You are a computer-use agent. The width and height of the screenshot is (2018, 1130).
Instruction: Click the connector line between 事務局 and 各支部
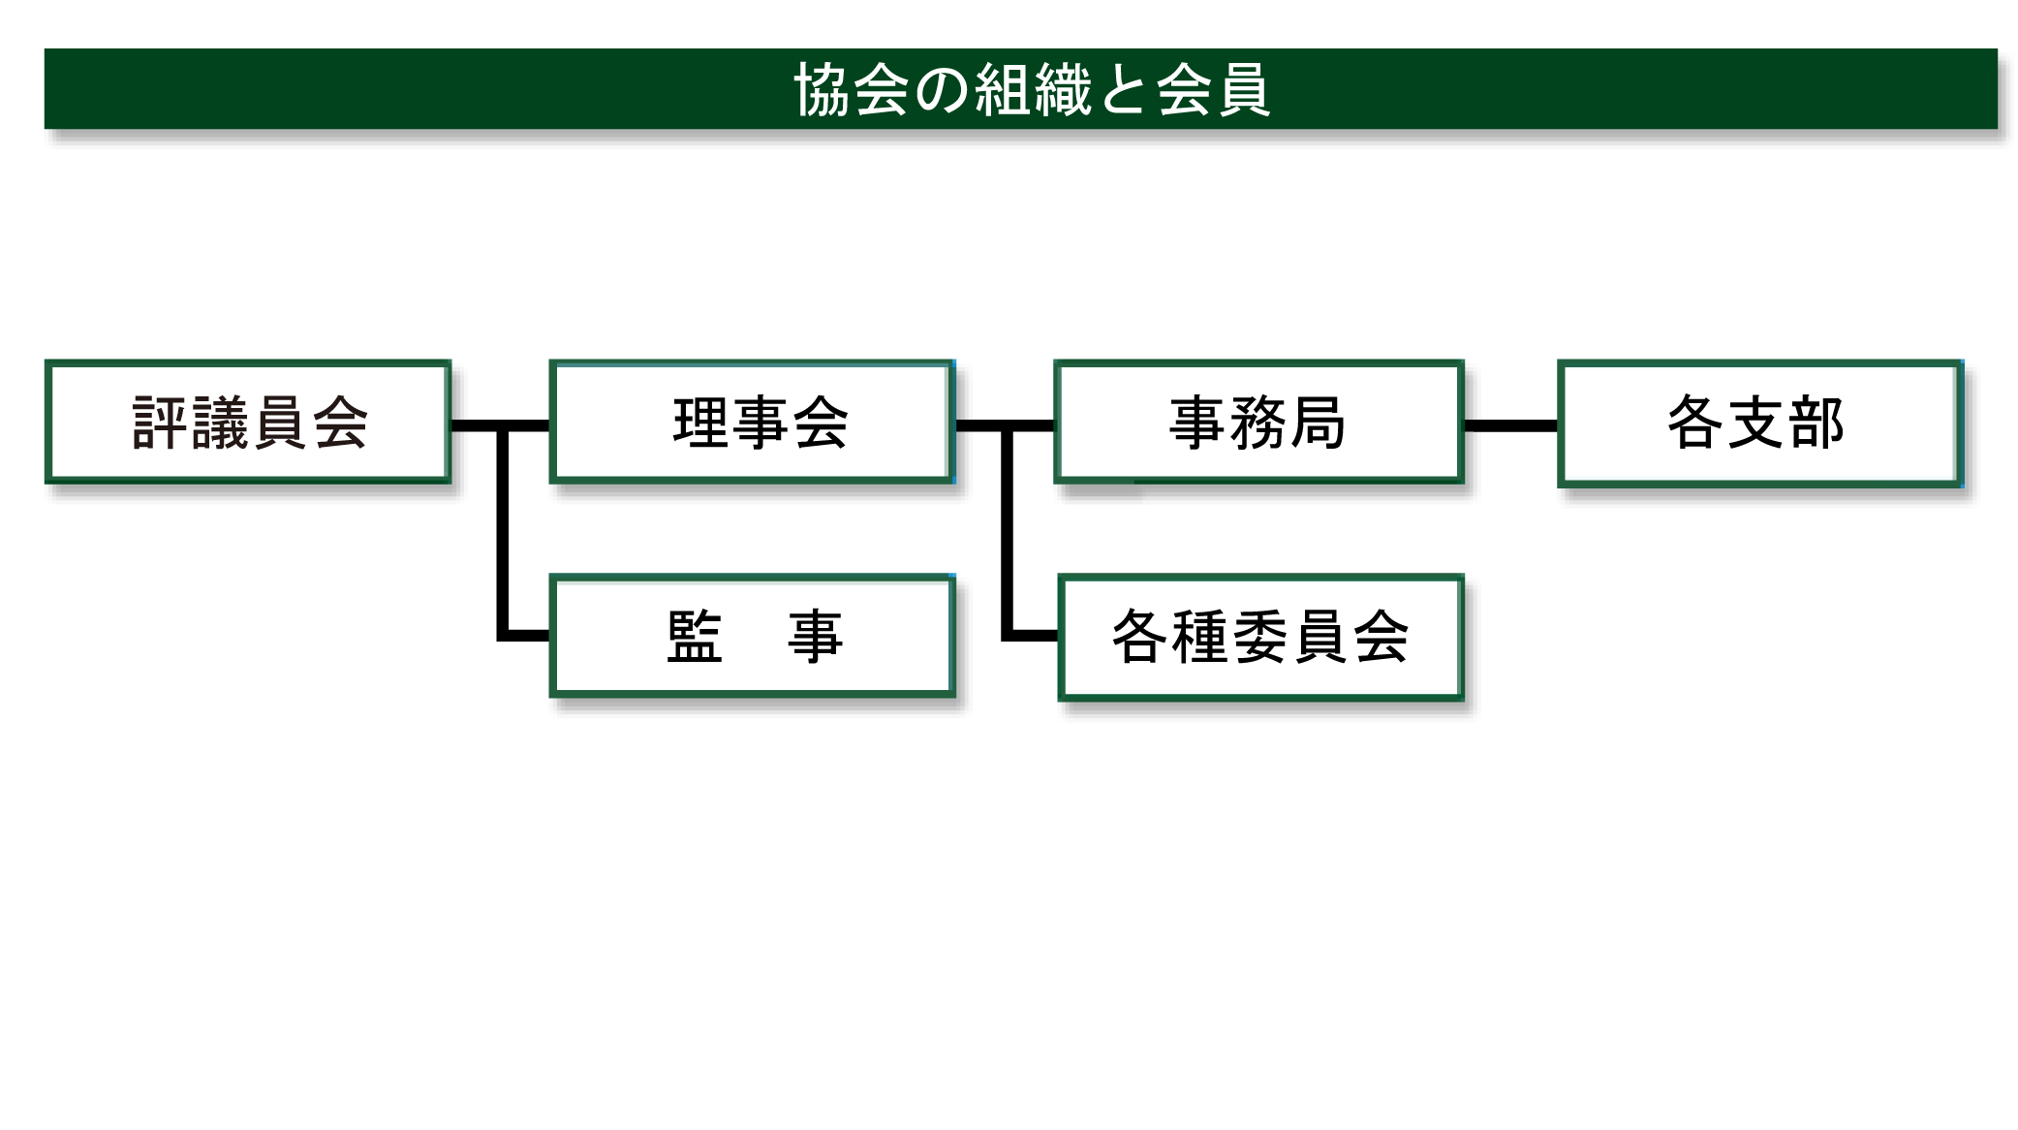tap(1510, 425)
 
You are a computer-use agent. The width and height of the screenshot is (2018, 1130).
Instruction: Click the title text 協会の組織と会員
tap(1032, 89)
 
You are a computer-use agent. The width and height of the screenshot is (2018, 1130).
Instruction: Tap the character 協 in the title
tap(823, 89)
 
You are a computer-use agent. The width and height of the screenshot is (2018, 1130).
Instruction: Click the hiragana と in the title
tap(1123, 90)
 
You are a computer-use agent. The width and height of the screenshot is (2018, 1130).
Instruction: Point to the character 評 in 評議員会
tap(160, 423)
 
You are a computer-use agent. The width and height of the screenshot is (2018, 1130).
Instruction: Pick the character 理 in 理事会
tap(701, 423)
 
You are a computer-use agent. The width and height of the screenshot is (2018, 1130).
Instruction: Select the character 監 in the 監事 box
tap(695, 637)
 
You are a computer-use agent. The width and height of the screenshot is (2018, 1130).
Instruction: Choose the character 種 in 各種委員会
tap(1199, 637)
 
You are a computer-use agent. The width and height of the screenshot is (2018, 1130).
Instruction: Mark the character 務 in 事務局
tap(1257, 423)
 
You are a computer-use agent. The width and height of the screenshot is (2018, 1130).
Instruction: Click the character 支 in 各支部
tap(1756, 423)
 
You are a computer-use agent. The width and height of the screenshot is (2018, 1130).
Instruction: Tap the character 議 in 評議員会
tap(220, 423)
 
